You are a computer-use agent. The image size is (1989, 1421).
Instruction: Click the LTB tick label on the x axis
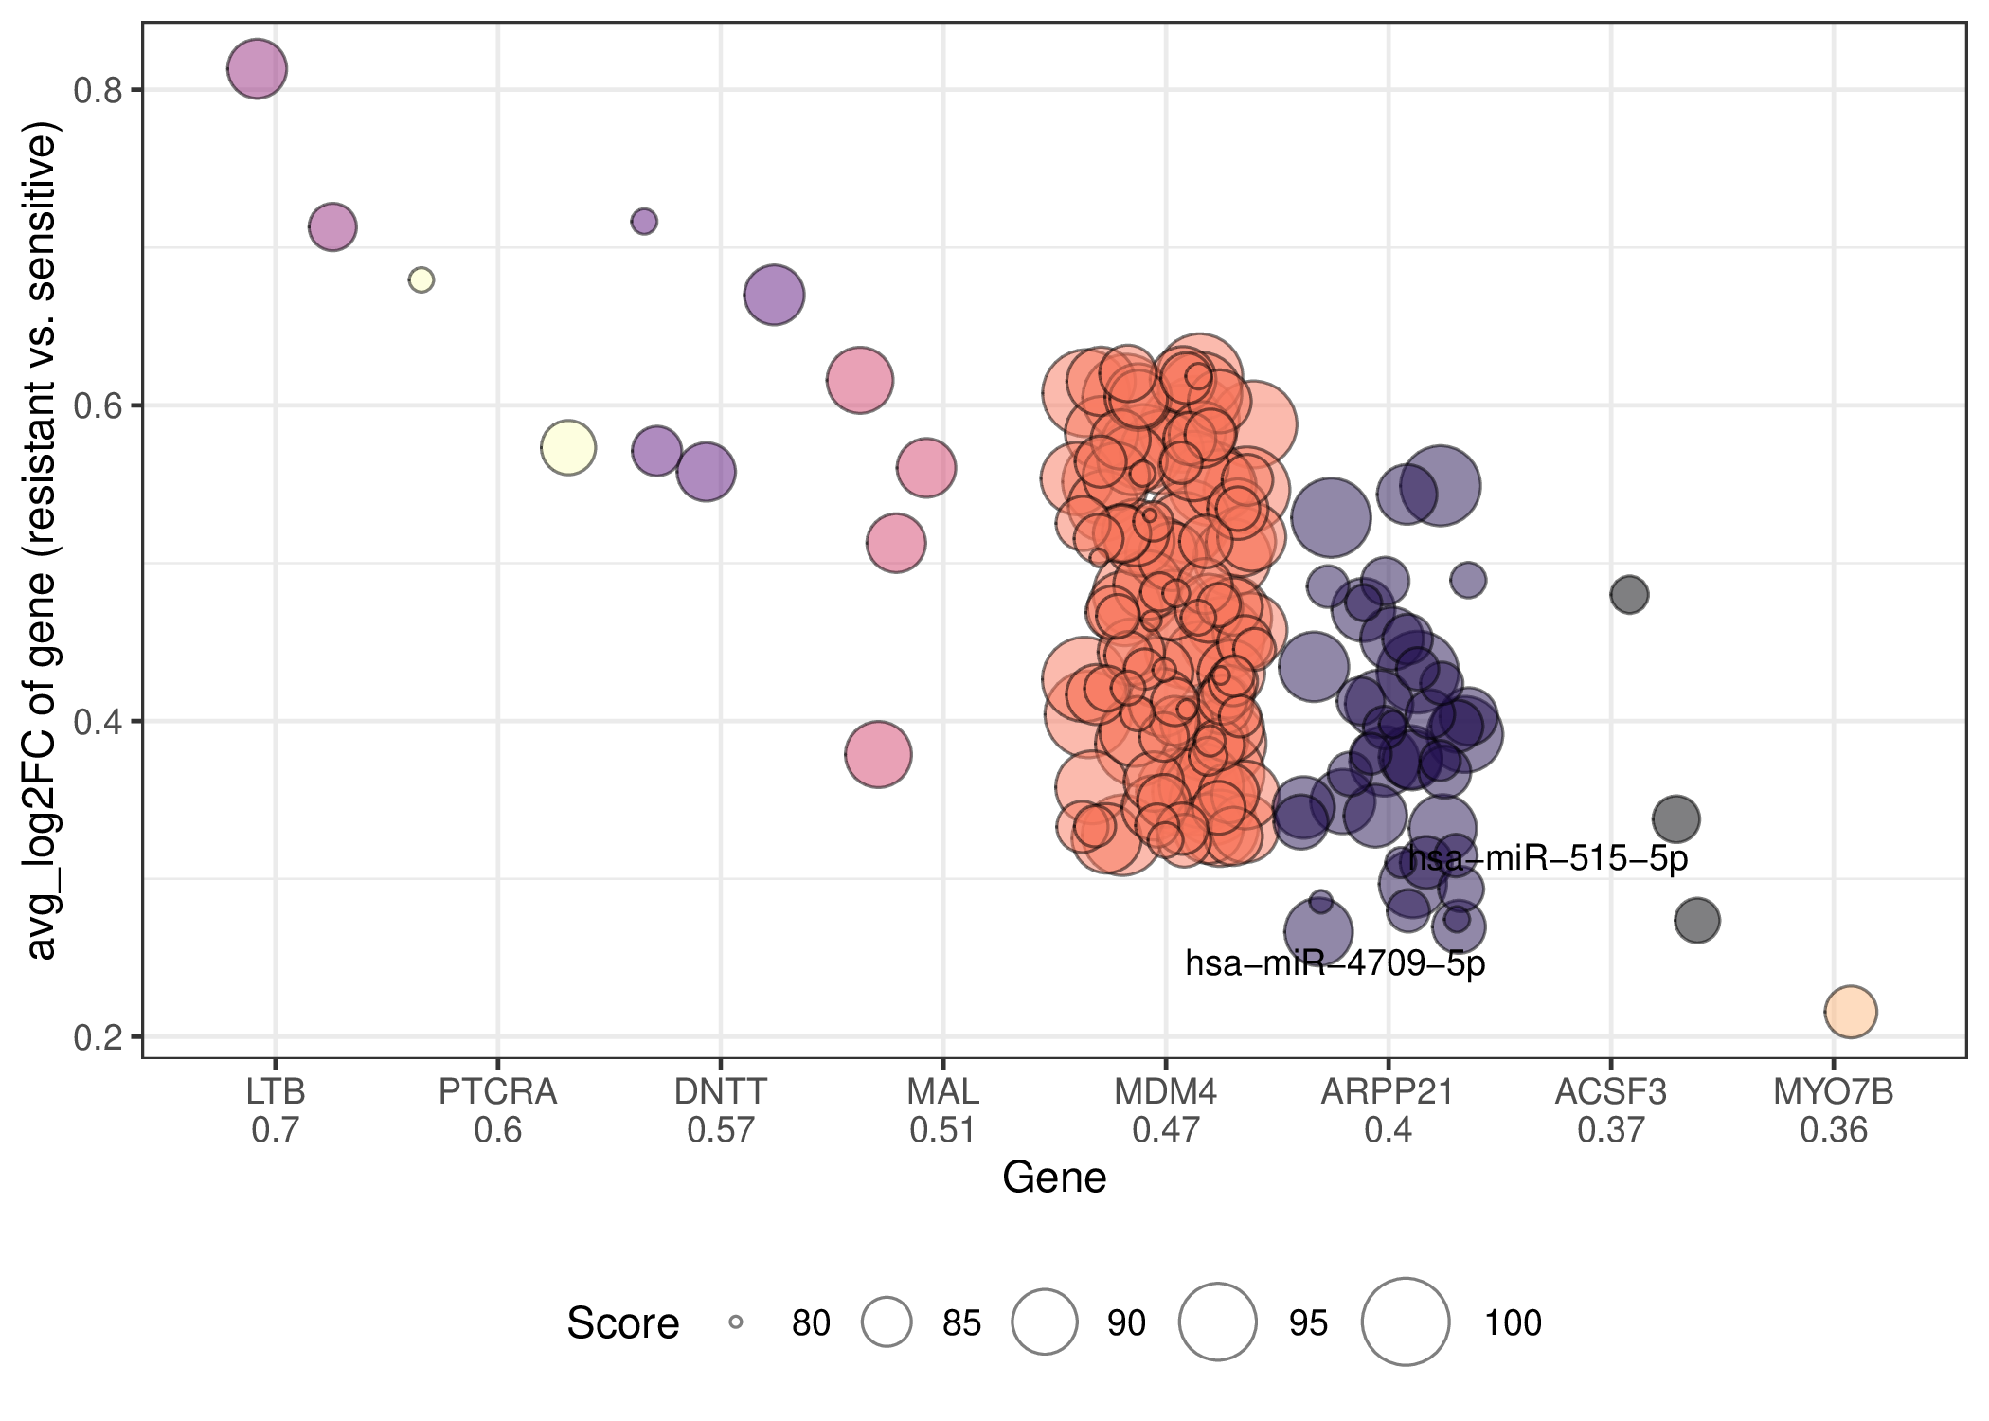[276, 1092]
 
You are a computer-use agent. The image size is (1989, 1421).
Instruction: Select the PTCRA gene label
[497, 1092]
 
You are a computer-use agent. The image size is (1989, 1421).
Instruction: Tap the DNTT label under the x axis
[720, 1092]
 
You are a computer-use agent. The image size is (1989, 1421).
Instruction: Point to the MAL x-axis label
[942, 1092]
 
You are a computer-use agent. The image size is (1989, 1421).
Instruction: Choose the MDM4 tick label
[1165, 1092]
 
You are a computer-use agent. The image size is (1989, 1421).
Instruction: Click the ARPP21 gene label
[1388, 1092]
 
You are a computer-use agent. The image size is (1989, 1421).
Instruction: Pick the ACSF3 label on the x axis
[1610, 1092]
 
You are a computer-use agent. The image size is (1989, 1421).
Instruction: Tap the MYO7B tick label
[1834, 1092]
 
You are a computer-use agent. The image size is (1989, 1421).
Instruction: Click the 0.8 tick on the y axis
[98, 90]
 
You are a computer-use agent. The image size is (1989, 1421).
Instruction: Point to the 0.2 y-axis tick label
[98, 1037]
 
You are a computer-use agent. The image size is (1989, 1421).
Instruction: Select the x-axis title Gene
[1054, 1178]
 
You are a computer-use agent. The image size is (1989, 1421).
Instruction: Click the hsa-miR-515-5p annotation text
[1548, 858]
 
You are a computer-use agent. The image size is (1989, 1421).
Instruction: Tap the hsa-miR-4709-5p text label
[1335, 963]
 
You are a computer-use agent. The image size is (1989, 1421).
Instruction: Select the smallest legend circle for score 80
[736, 1322]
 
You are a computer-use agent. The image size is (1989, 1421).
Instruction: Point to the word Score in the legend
[623, 1322]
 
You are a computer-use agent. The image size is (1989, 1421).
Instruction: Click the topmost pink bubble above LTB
[257, 68]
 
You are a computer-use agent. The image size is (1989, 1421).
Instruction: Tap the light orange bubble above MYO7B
[1851, 1012]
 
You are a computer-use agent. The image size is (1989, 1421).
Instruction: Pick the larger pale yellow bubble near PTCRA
[568, 447]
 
